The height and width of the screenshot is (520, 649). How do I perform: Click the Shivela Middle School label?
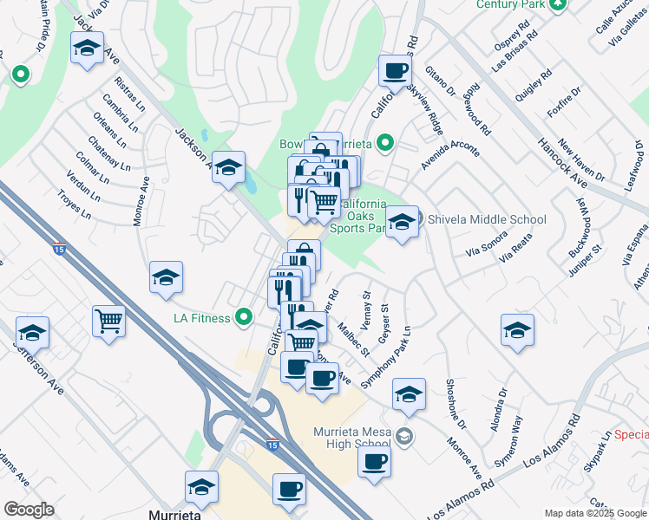pyautogui.click(x=485, y=219)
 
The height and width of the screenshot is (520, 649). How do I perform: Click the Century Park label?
pyautogui.click(x=512, y=4)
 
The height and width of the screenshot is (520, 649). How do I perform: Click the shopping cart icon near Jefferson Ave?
pyautogui.click(x=109, y=322)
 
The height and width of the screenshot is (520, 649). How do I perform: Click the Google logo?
pyautogui.click(x=29, y=509)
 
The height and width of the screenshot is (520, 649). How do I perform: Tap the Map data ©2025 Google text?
pyautogui.click(x=593, y=513)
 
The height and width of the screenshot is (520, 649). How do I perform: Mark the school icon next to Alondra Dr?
pyautogui.click(x=517, y=329)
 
